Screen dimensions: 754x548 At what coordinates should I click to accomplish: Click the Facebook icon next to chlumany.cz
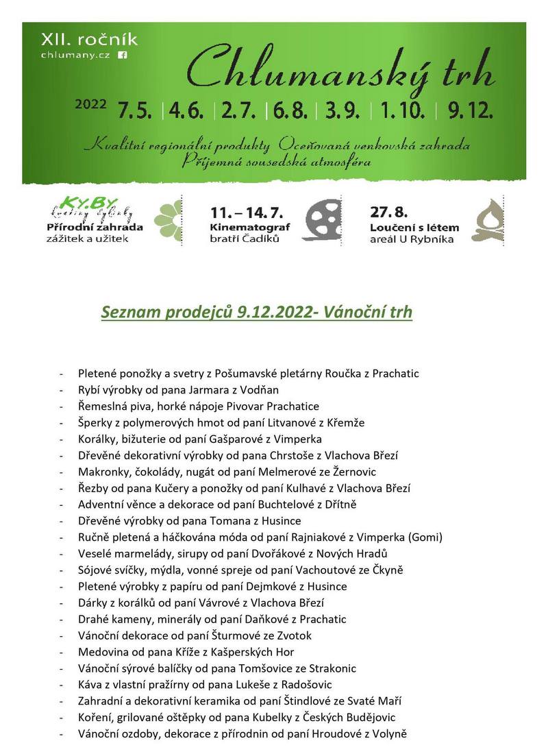[123, 55]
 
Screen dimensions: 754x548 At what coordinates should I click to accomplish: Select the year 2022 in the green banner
[91, 105]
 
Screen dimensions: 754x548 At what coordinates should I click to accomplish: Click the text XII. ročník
[89, 40]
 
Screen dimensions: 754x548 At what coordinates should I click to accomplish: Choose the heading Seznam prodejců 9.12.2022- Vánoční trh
[257, 313]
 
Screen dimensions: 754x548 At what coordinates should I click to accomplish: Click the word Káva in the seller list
[90, 684]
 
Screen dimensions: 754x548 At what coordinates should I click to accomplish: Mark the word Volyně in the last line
[388, 733]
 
